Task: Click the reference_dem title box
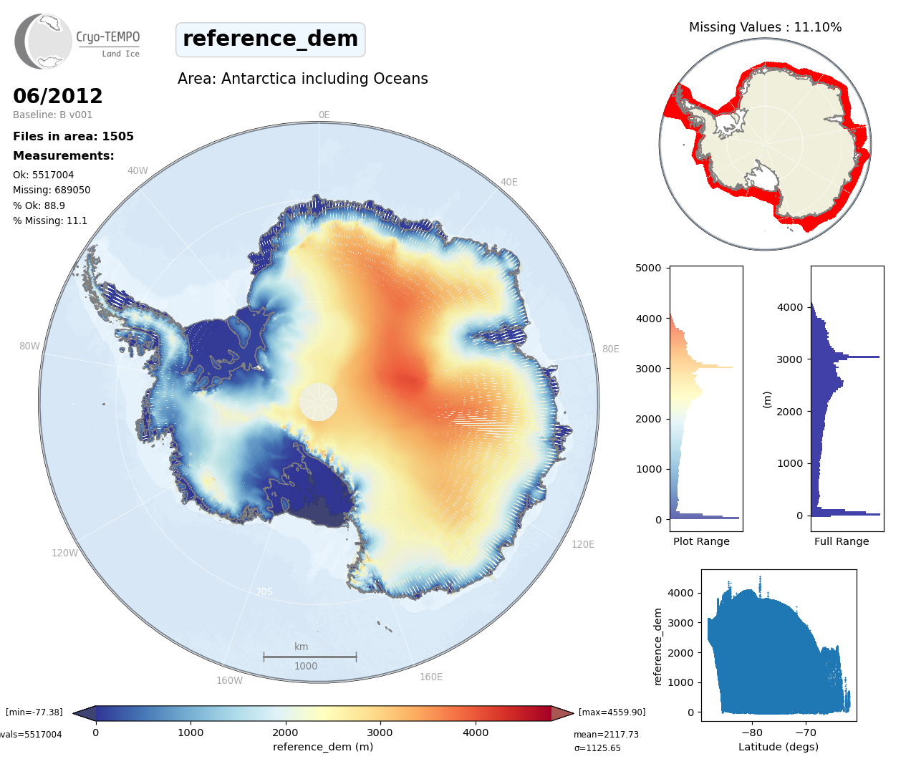point(270,39)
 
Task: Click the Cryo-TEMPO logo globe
point(44,42)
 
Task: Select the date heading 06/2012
point(58,96)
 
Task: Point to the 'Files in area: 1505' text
point(73,137)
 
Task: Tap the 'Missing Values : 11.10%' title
point(765,27)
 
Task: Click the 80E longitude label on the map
point(610,349)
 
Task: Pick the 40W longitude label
point(138,171)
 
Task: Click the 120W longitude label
point(64,553)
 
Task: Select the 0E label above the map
point(324,115)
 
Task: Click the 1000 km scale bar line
point(309,656)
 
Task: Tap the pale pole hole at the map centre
point(318,402)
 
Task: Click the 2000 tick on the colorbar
point(285,733)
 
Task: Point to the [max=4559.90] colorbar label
point(612,712)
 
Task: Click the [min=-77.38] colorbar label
point(34,712)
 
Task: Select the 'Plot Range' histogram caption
point(701,541)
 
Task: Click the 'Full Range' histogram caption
point(842,541)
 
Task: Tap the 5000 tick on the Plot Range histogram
point(648,269)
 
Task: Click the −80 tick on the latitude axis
point(752,733)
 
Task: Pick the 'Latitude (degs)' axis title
point(778,747)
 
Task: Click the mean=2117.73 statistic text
point(606,735)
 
